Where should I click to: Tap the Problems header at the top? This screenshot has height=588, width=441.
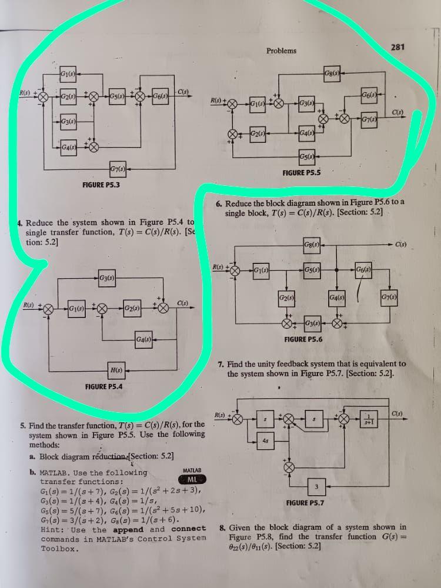pyautogui.click(x=281, y=51)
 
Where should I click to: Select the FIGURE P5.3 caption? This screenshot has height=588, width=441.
pyautogui.click(x=101, y=185)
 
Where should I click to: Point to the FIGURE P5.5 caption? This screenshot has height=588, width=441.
pyautogui.click(x=302, y=173)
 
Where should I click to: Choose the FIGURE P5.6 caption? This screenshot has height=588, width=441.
pyautogui.click(x=303, y=339)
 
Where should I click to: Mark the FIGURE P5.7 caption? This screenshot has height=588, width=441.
pyautogui.click(x=305, y=503)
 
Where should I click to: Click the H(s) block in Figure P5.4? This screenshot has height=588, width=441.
pyautogui.click(x=117, y=369)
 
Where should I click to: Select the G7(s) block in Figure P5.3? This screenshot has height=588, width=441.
pyautogui.click(x=117, y=171)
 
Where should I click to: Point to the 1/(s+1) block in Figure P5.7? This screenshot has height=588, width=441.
pyautogui.click(x=368, y=419)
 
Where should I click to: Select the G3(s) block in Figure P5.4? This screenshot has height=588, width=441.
pyautogui.click(x=107, y=277)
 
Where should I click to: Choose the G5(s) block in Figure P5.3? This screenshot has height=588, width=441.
pyautogui.click(x=116, y=96)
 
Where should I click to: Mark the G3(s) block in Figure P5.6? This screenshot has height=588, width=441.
pyautogui.click(x=313, y=323)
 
